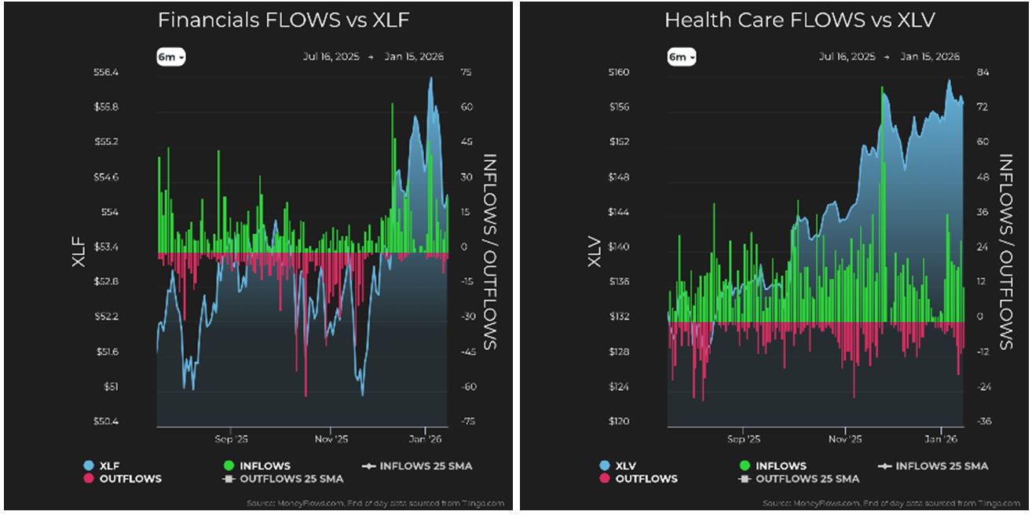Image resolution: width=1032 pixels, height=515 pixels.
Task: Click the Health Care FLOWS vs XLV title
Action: pos(800,20)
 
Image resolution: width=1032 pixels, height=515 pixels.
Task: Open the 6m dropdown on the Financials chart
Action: pos(170,57)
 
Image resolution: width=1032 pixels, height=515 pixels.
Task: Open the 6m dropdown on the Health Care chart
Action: pos(681,57)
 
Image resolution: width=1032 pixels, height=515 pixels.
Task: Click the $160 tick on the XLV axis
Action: pos(618,72)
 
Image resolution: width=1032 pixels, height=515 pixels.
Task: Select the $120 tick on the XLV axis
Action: pos(618,422)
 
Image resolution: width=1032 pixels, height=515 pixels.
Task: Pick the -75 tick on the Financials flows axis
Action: pos(468,422)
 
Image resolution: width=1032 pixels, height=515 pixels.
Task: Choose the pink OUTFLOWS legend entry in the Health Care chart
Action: pos(642,478)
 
